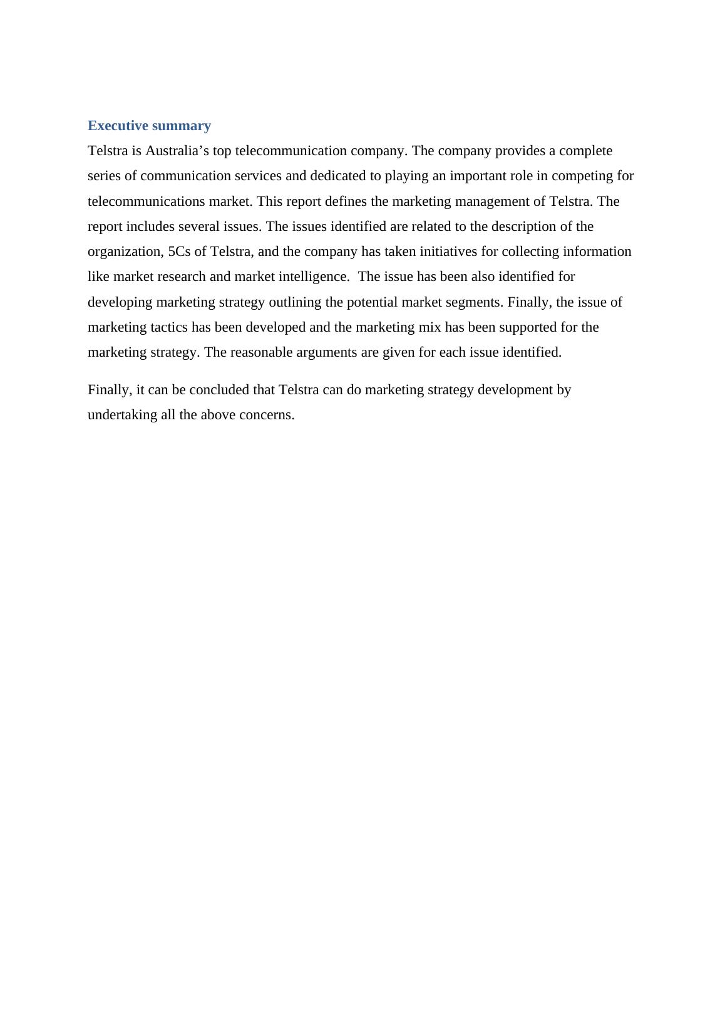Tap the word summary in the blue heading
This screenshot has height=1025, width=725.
point(182,126)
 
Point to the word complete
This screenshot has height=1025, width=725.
point(585,151)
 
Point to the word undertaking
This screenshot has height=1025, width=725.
point(122,415)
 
